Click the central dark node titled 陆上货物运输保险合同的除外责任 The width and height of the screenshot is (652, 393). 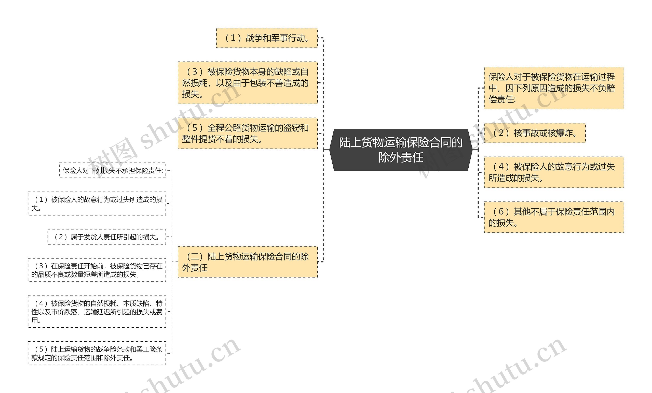point(401,150)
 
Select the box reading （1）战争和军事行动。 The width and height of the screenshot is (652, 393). point(267,38)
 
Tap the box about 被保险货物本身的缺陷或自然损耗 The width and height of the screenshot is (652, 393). point(248,83)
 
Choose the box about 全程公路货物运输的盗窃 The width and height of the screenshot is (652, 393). point(248,134)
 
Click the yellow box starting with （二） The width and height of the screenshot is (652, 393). point(248,262)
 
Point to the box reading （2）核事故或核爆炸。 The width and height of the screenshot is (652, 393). point(535,133)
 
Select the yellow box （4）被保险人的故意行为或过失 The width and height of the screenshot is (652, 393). point(554,172)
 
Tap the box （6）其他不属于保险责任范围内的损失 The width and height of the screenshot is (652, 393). point(554,217)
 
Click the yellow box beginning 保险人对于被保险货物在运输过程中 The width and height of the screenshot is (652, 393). point(554,88)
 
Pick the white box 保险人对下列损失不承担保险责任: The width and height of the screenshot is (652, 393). point(113,170)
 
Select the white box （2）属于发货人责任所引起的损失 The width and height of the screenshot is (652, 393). point(107,237)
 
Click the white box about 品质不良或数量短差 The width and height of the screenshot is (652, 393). point(97,270)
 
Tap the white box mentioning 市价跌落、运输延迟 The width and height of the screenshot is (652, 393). point(97,312)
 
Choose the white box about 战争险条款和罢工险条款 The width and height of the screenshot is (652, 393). point(97,353)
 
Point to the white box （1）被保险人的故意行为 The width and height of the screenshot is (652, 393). point(97,203)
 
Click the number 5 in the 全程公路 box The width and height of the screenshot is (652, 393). point(195,128)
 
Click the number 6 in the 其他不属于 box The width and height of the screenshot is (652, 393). point(501,212)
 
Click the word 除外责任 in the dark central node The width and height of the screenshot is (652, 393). point(401,157)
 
